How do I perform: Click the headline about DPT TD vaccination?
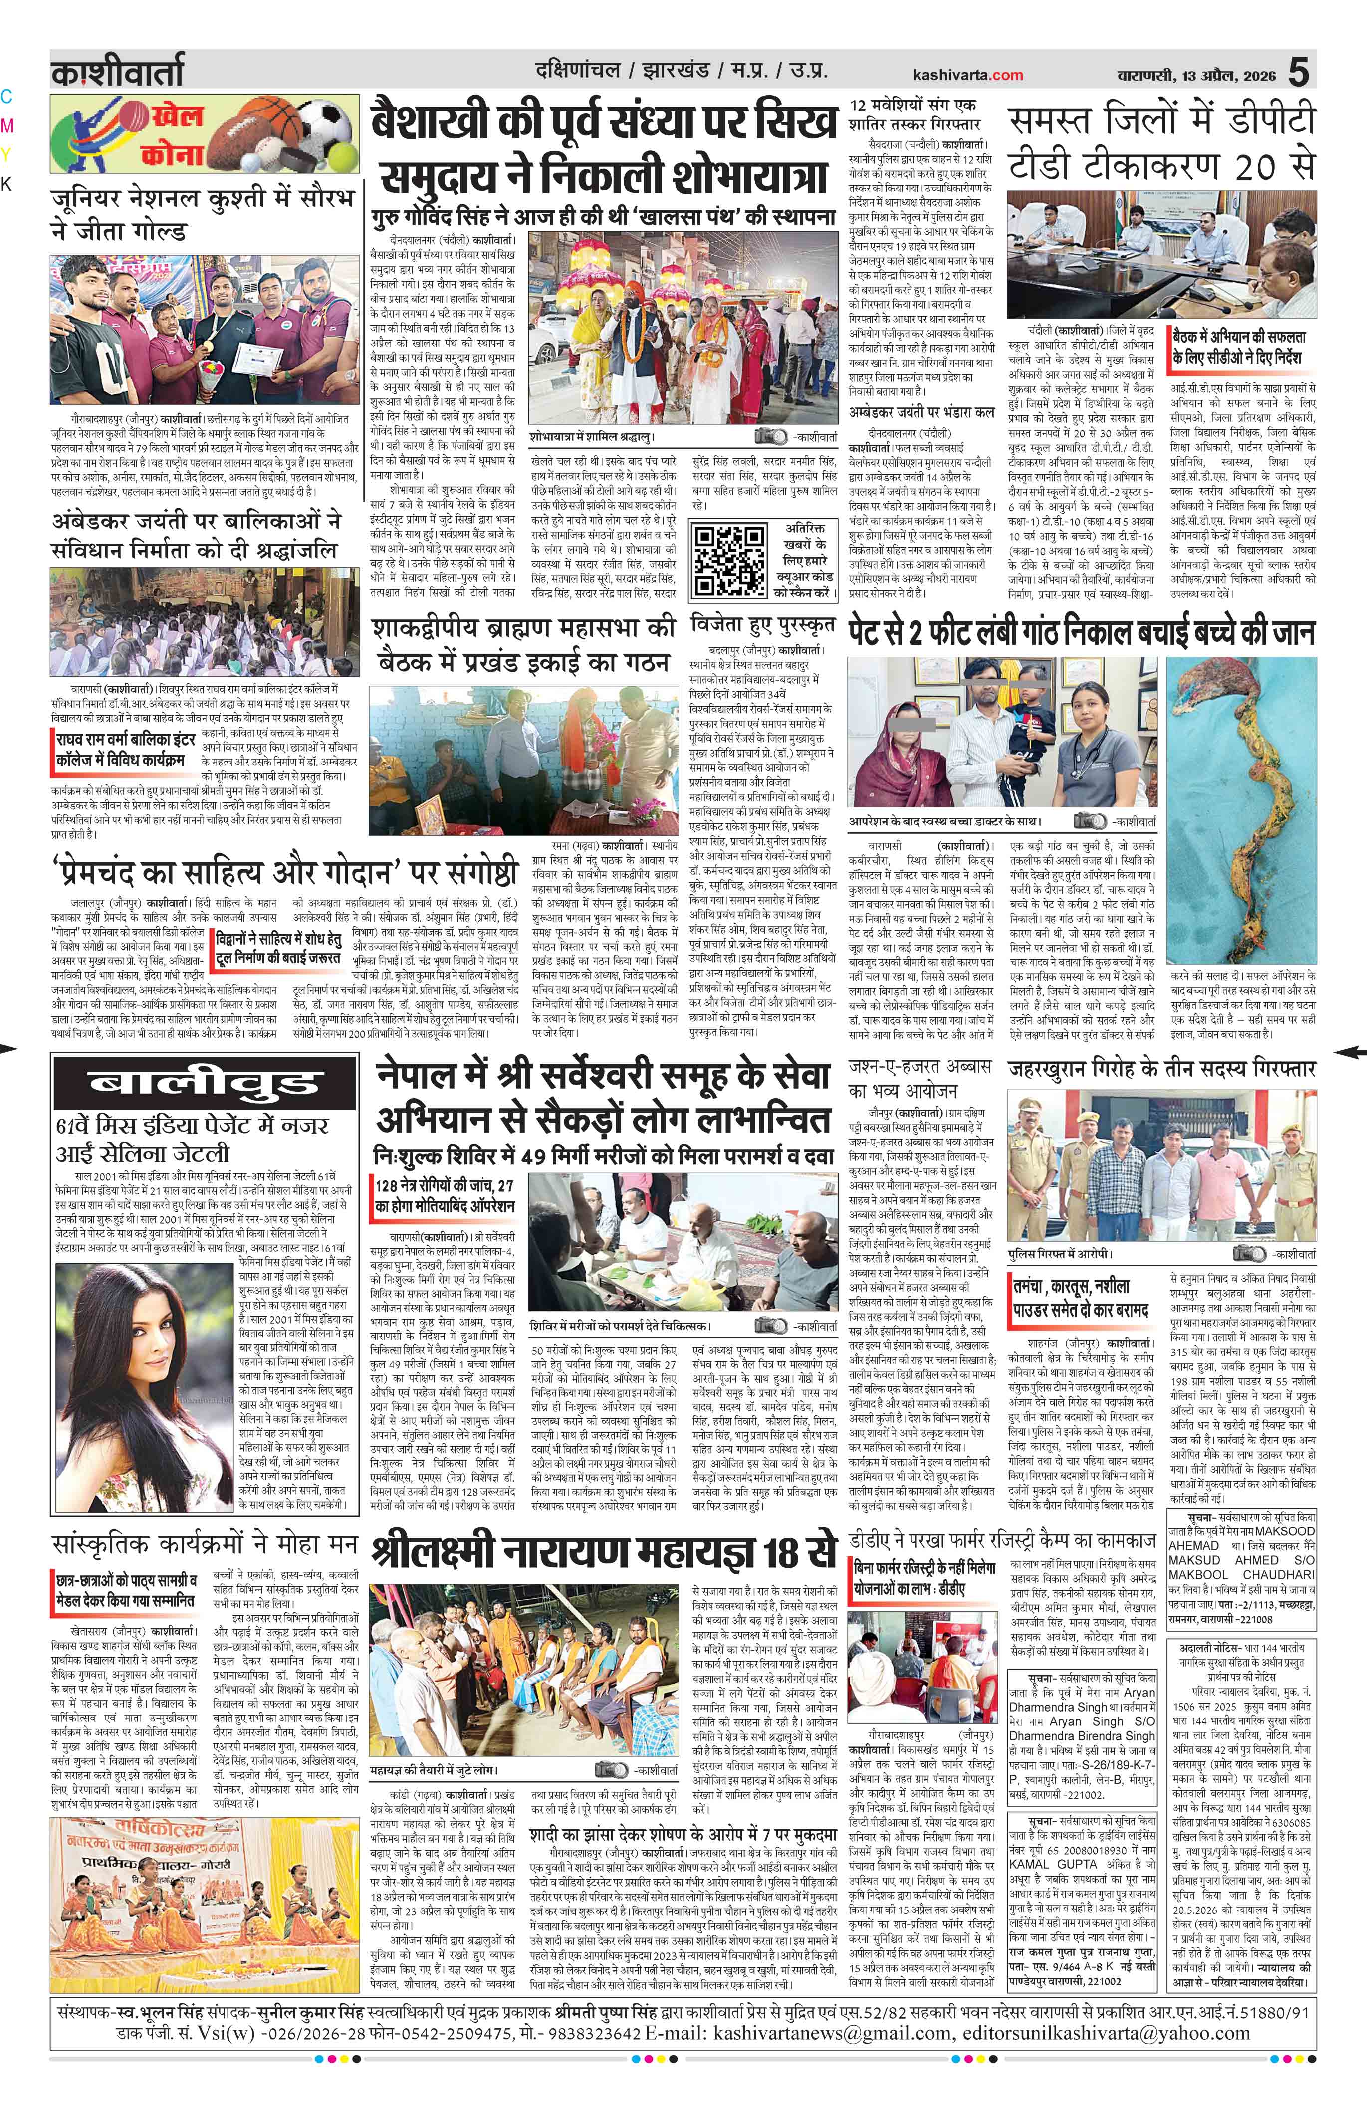coord(1162,141)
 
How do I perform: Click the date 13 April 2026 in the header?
coord(1222,76)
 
